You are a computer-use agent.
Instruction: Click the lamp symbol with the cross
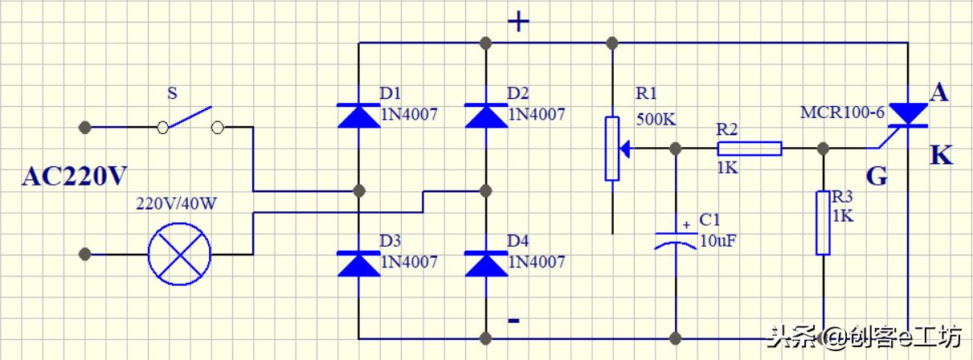click(x=179, y=254)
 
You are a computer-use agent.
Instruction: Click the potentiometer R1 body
click(x=613, y=149)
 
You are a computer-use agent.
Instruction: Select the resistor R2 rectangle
click(x=749, y=149)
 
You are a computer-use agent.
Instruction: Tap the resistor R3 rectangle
click(x=823, y=223)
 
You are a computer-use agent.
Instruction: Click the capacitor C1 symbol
click(x=677, y=239)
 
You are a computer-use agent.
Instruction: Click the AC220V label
click(x=75, y=177)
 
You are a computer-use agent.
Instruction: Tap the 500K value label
click(x=656, y=120)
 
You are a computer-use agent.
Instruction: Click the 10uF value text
click(x=717, y=239)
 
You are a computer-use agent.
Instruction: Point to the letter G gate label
click(x=877, y=177)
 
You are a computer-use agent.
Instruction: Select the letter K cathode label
click(x=941, y=155)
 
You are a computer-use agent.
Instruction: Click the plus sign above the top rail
click(x=519, y=22)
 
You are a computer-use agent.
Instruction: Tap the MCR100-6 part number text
click(x=842, y=112)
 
